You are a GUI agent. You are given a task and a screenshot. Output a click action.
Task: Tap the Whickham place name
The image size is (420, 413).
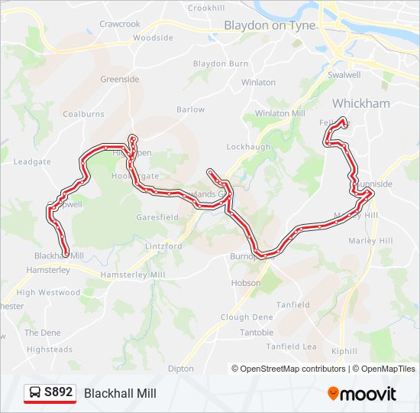click(x=360, y=103)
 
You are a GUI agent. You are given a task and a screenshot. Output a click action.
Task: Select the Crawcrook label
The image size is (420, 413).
click(x=120, y=24)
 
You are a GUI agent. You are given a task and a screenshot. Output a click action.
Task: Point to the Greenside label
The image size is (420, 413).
click(x=120, y=78)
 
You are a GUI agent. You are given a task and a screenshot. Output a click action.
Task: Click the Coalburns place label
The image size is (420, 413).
click(x=83, y=114)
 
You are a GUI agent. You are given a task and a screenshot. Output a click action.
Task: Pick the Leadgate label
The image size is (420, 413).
click(x=32, y=162)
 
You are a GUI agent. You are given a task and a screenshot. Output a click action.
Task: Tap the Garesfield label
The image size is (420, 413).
click(x=157, y=217)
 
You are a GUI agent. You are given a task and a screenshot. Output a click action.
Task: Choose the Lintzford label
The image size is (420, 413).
click(x=163, y=246)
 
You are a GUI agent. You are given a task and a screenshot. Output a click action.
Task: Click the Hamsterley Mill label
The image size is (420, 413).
click(x=137, y=275)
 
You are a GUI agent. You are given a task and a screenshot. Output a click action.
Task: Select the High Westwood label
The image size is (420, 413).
click(x=48, y=292)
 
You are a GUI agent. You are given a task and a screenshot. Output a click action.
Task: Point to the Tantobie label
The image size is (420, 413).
click(x=257, y=333)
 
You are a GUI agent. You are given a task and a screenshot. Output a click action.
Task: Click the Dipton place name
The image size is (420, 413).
click(x=181, y=368)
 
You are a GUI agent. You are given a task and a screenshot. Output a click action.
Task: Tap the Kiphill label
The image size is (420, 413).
click(x=344, y=352)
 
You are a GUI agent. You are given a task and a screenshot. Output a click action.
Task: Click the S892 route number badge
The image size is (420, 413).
click(x=58, y=393)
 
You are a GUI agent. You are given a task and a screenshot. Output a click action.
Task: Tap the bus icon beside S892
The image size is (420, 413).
click(x=35, y=393)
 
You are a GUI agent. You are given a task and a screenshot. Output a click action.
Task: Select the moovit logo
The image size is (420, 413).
click(x=362, y=394)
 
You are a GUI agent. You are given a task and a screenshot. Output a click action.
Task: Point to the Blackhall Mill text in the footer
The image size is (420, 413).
click(x=120, y=394)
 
